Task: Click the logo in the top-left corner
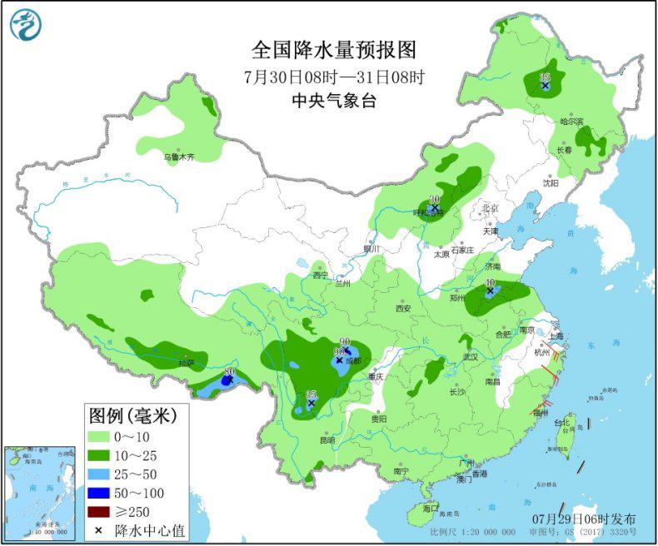click(x=25, y=24)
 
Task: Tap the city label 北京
click(x=489, y=208)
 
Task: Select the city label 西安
click(x=403, y=308)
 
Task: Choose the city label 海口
click(x=430, y=507)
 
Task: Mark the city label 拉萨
click(x=185, y=363)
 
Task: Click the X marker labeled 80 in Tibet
click(x=226, y=380)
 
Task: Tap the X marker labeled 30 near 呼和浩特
click(x=434, y=208)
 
